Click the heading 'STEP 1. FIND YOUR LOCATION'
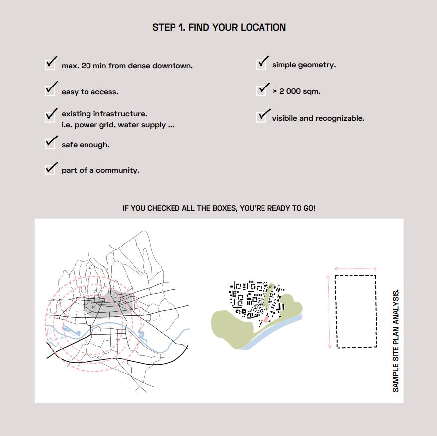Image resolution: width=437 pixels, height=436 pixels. pos(219,27)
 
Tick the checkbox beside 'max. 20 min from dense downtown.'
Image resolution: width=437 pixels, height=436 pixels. pos(50,64)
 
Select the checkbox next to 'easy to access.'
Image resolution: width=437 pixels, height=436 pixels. pos(50,90)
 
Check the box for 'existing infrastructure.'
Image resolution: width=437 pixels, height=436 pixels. pos(50,115)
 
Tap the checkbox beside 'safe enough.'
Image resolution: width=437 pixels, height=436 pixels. pos(50,143)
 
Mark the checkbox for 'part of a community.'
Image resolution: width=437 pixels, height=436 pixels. pos(50,169)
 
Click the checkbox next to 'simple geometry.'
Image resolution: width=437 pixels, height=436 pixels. pos(261,64)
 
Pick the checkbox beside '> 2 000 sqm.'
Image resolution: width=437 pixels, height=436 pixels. pos(261,90)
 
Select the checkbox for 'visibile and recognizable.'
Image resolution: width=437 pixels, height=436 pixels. pos(261,117)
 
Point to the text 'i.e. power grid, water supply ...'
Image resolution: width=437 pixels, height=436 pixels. pos(118,125)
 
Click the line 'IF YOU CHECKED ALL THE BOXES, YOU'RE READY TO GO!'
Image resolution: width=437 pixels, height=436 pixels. pos(219,208)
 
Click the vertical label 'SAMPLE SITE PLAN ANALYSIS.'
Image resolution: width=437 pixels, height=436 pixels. pos(396,341)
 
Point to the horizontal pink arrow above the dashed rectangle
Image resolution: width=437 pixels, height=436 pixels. pos(355,269)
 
